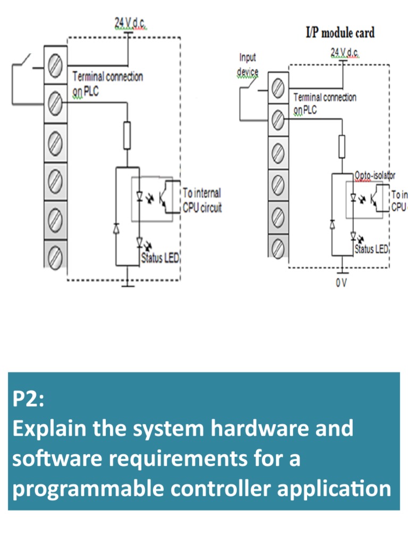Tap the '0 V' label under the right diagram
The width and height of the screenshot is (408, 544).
(x=341, y=283)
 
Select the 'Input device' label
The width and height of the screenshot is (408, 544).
(x=248, y=64)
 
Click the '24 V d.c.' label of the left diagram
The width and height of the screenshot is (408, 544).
(x=130, y=22)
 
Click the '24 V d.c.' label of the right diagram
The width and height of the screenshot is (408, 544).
(x=345, y=52)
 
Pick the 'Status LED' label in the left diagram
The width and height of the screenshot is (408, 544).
(x=160, y=259)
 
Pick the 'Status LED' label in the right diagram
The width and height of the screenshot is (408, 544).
(x=372, y=249)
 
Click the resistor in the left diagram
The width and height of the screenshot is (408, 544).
(x=127, y=135)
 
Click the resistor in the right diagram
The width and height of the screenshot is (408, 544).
(x=342, y=146)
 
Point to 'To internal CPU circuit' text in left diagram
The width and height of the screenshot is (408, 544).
(x=202, y=200)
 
